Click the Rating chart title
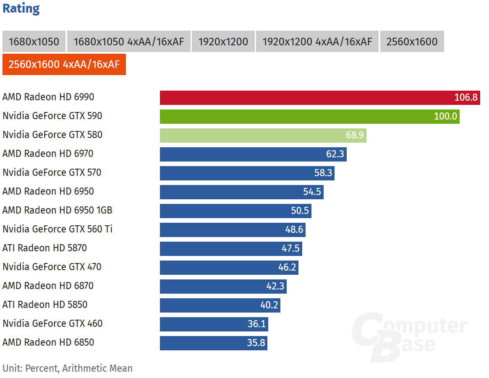[21, 8]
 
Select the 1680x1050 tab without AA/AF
[34, 42]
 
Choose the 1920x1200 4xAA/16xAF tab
[317, 42]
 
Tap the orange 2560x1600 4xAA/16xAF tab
[64, 65]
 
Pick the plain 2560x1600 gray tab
[411, 42]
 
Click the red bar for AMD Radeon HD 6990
[319, 97]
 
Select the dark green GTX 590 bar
[309, 116]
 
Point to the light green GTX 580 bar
[263, 135]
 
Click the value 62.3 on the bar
[335, 154]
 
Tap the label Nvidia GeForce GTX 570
[52, 173]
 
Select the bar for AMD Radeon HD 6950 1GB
[235, 211]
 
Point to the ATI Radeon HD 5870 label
[44, 248]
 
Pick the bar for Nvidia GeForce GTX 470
[229, 267]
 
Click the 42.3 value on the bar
[275, 286]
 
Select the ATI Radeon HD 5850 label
[45, 305]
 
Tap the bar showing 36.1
[214, 324]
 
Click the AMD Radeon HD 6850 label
[48, 343]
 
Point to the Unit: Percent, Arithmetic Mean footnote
[67, 369]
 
